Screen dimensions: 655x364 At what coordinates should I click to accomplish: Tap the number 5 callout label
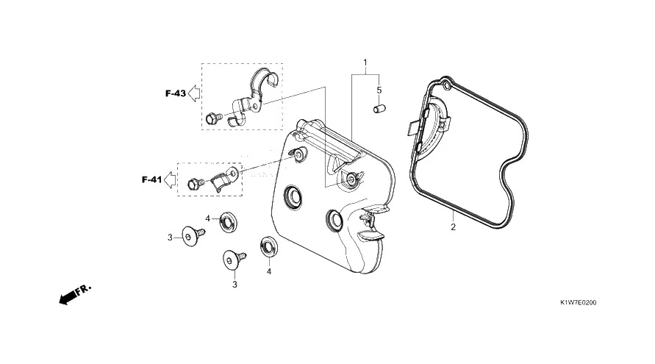coord(379,90)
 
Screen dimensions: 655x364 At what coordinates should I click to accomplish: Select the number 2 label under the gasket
coord(454,227)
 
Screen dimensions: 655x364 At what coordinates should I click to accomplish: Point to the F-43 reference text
coord(175,93)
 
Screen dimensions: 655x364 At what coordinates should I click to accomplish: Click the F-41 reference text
coord(151,179)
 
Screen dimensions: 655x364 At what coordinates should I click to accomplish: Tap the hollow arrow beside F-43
coord(195,93)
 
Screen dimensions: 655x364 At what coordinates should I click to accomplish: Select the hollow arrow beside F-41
coord(170,179)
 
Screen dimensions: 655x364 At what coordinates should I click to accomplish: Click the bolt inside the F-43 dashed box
coord(215,117)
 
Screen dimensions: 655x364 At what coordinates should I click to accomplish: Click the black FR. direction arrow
coord(70,295)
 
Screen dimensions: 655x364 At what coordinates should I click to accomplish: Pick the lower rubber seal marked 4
coord(268,246)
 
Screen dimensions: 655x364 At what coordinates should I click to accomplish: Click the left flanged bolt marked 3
coord(193,235)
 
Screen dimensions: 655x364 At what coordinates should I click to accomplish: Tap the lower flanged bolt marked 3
coord(233,259)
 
